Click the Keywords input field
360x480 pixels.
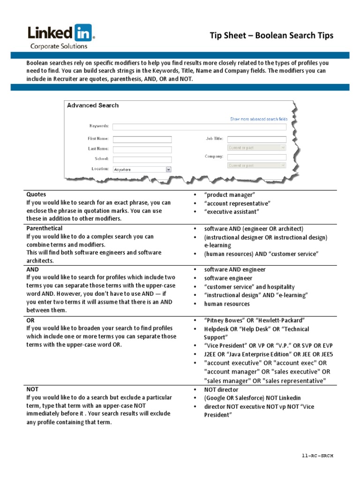pyautogui.click(x=199, y=126)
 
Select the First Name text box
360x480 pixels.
pyautogui.click(x=142, y=139)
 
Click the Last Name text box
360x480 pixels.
pyautogui.click(x=142, y=149)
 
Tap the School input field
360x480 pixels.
pyautogui.click(x=142, y=159)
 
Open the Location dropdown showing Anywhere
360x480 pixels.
pyautogui.click(x=142, y=169)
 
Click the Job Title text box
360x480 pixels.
pyautogui.click(x=256, y=139)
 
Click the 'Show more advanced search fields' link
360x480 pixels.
pyautogui.click(x=259, y=119)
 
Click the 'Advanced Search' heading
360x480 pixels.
pyautogui.click(x=93, y=105)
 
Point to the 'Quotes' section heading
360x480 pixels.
pyautogui.click(x=36, y=194)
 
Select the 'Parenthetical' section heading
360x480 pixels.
pyautogui.click(x=45, y=228)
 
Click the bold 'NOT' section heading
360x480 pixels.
pyautogui.click(x=32, y=389)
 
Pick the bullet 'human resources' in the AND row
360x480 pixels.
pyautogui.click(x=227, y=304)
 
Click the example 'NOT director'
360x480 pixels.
pyautogui.click(x=221, y=390)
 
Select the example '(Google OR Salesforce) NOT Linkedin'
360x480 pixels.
pyautogui.click(x=253, y=398)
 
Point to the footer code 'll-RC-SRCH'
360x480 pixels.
pyautogui.click(x=317, y=456)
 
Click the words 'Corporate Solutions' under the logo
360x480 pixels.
pyautogui.click(x=59, y=46)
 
